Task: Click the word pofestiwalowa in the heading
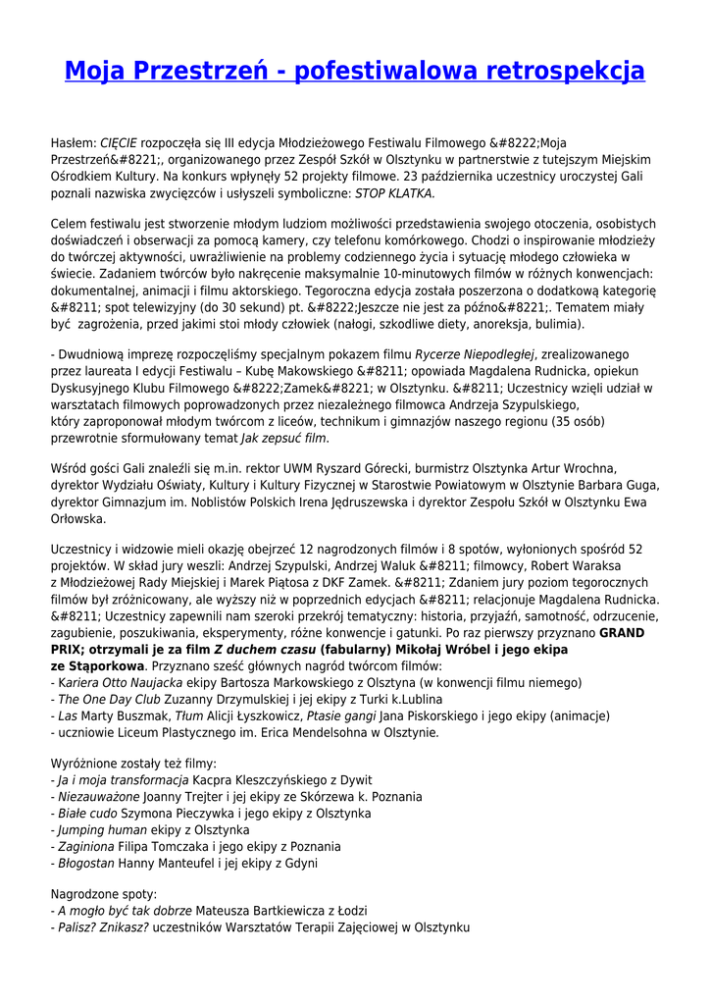click(x=371, y=71)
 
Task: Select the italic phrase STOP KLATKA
click(x=394, y=193)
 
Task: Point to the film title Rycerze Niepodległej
click(x=474, y=354)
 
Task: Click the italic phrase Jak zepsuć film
click(x=285, y=438)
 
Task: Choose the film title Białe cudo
click(x=87, y=813)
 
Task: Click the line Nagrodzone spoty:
click(x=103, y=894)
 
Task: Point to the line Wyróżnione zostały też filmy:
click(x=133, y=763)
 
